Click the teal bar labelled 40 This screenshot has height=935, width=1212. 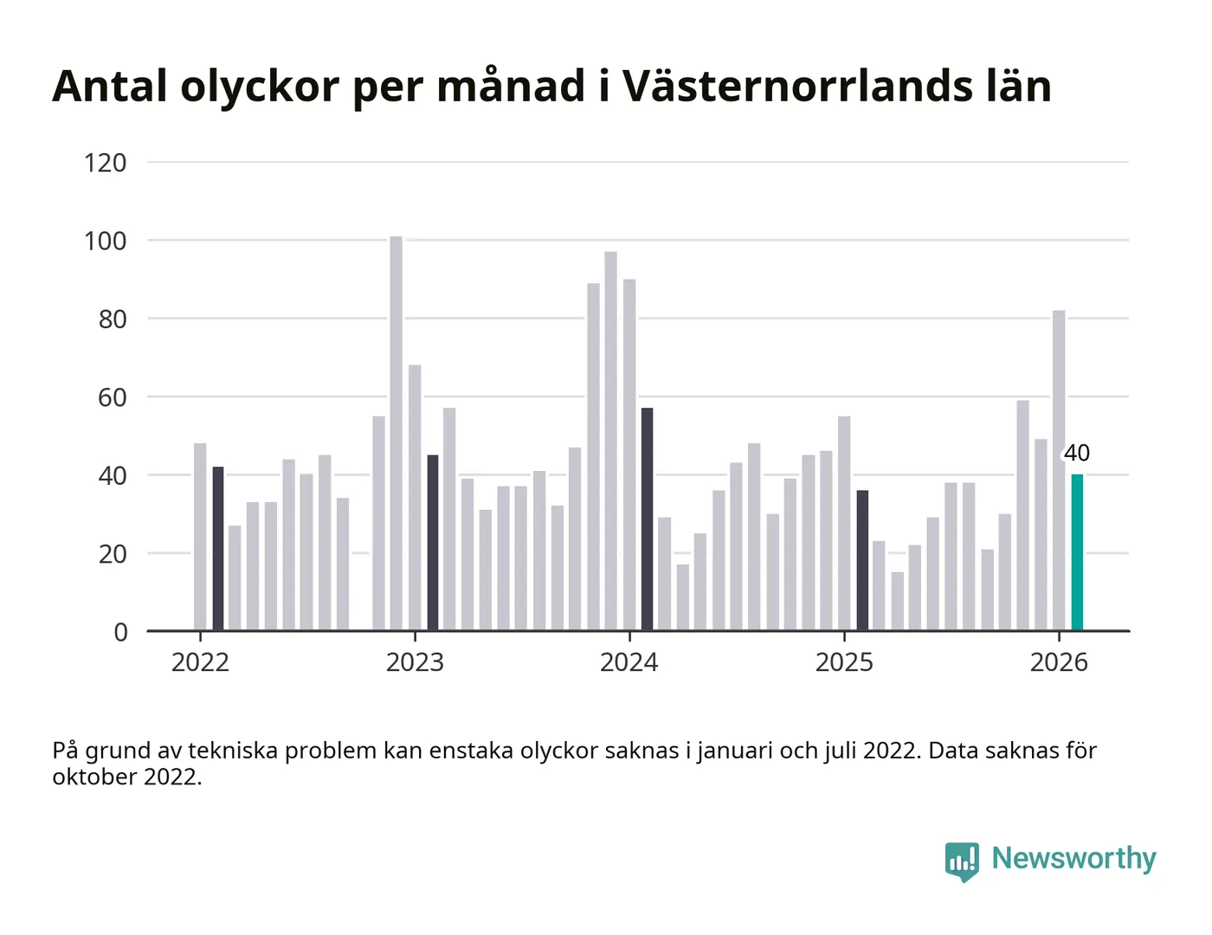coord(1077,552)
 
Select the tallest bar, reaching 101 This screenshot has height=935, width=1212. coord(396,433)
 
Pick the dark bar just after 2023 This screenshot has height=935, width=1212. coord(433,543)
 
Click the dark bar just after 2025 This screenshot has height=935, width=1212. coord(862,560)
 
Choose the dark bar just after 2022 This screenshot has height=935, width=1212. coord(218,549)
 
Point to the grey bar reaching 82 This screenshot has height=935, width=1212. coord(1059,470)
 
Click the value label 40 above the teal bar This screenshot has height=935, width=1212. coord(1077,453)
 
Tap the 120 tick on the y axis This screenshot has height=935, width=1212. coord(106,163)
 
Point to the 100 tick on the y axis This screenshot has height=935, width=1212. coord(106,241)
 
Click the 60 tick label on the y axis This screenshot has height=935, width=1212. coord(113,397)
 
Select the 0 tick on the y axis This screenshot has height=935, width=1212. coord(120,632)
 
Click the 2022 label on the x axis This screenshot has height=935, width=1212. coord(200,662)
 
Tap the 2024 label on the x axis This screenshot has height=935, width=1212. coord(629,662)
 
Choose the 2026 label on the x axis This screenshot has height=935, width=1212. coord(1059,662)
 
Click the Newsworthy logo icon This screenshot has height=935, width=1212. coord(962,861)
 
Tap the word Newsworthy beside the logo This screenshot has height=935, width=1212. coord(1073,858)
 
